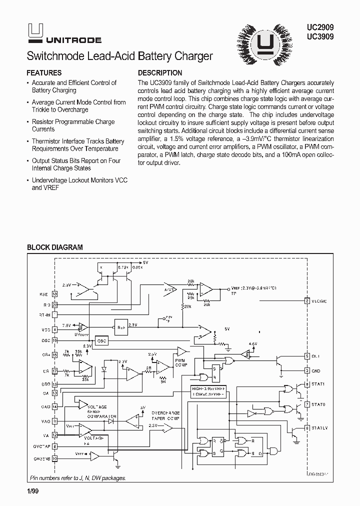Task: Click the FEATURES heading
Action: [44, 72]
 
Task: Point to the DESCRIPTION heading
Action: [159, 72]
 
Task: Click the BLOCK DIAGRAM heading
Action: [54, 247]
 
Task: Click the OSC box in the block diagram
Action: [101, 340]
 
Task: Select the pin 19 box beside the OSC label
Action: [55, 340]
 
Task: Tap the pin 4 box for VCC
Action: [55, 330]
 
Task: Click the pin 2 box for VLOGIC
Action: [307, 300]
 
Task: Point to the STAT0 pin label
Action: [318, 403]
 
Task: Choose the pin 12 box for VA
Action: [55, 435]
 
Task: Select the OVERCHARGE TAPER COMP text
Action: [167, 416]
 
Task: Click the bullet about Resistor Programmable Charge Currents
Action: [73, 125]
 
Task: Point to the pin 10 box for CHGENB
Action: [55, 457]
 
